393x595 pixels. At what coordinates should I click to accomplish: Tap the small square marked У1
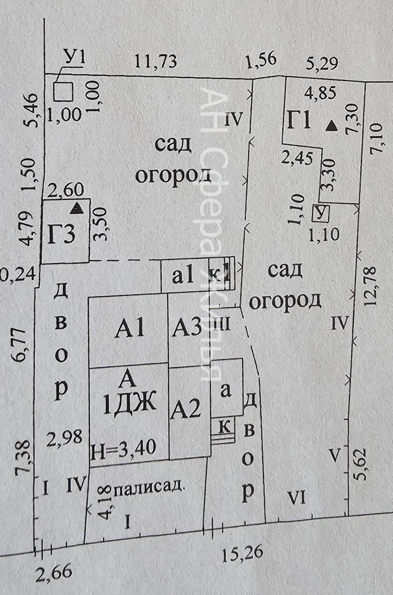pyautogui.click(x=64, y=92)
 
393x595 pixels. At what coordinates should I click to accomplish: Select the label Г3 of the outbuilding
pyautogui.click(x=62, y=235)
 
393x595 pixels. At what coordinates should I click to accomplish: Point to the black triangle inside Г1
pyautogui.click(x=332, y=125)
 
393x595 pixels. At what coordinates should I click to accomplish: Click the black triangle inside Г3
pyautogui.click(x=77, y=208)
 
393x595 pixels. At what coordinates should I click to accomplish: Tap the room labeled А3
pyautogui.click(x=186, y=327)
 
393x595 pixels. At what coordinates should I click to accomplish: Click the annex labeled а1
pyautogui.click(x=183, y=277)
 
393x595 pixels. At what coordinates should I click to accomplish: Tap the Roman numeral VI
pyautogui.click(x=297, y=497)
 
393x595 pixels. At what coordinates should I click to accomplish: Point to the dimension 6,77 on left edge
pyautogui.click(x=23, y=347)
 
